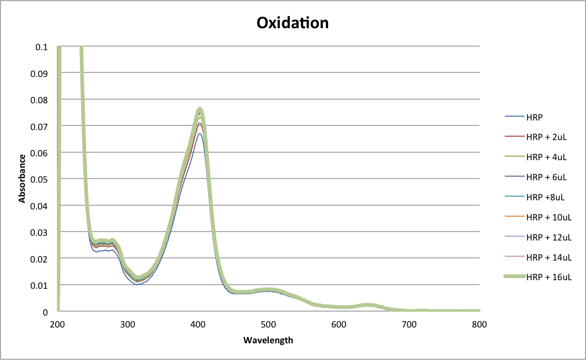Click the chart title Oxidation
292,22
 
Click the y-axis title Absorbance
22,178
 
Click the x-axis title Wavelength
268,340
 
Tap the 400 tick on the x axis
198,325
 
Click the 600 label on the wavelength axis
339,325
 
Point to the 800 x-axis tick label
479,325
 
